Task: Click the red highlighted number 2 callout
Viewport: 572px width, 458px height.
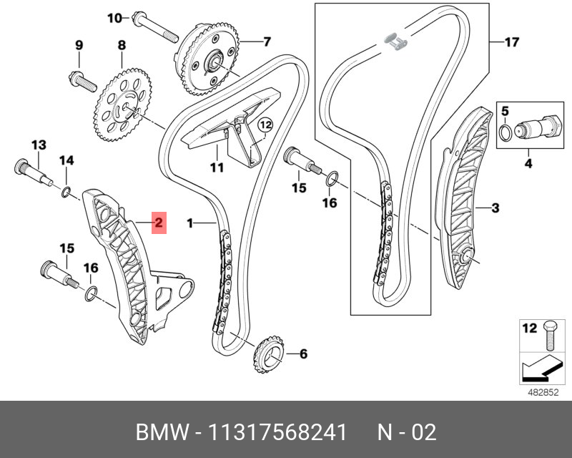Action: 158,223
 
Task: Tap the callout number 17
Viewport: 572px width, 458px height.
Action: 511,42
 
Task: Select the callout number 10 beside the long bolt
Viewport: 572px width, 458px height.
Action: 114,18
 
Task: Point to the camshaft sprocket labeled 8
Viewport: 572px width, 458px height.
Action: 122,107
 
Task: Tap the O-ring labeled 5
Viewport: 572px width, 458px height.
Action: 505,132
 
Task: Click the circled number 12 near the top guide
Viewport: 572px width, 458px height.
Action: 266,125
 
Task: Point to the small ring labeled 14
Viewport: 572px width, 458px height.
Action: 66,191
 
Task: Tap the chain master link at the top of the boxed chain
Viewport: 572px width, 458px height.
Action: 394,40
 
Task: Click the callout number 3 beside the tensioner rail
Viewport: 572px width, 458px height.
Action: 494,209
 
